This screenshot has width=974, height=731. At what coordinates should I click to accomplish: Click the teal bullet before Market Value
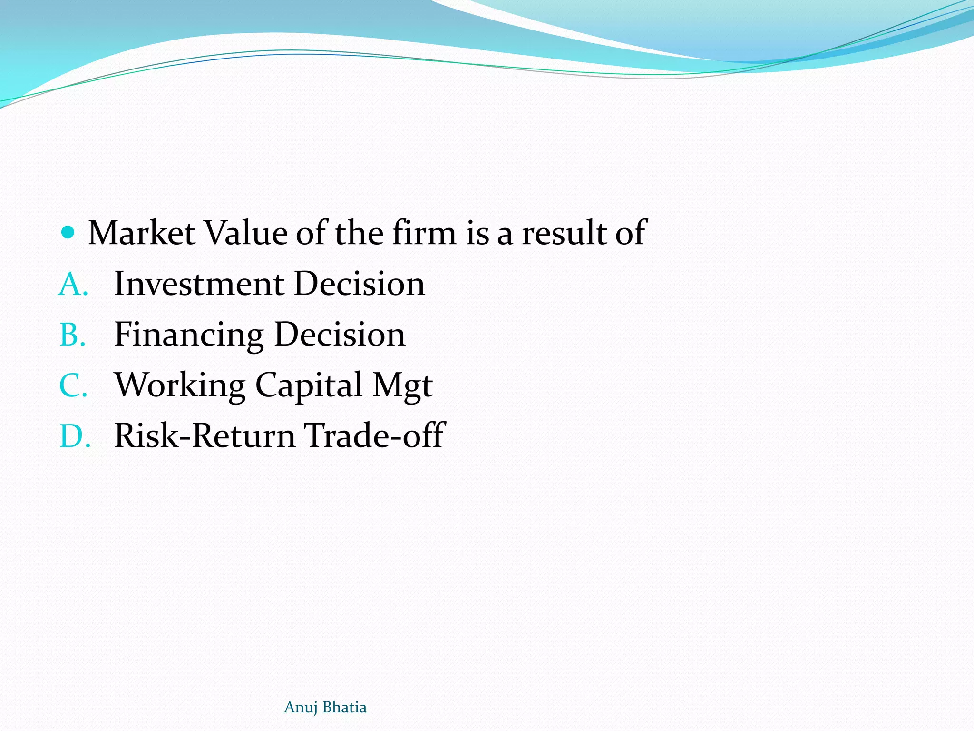pos(68,232)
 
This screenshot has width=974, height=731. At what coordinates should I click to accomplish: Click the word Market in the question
pos(142,233)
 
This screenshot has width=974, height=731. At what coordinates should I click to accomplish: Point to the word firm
pos(424,233)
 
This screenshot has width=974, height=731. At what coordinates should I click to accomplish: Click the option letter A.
pos(72,284)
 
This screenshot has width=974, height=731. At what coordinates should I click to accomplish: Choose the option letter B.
pos(72,335)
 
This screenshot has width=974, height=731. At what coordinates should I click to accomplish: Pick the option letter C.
pos(73,385)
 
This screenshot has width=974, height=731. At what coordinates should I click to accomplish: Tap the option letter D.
pos(74,436)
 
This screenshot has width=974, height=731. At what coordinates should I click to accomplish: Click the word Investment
pos(199,284)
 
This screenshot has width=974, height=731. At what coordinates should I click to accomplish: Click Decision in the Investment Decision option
pos(360,284)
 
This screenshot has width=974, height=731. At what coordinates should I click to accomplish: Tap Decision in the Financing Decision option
pos(340,335)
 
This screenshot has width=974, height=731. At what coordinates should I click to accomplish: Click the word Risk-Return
pos(205,436)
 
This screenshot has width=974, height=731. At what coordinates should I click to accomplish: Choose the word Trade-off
pos(374,436)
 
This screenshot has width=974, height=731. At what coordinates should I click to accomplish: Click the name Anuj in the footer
pos(301,708)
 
